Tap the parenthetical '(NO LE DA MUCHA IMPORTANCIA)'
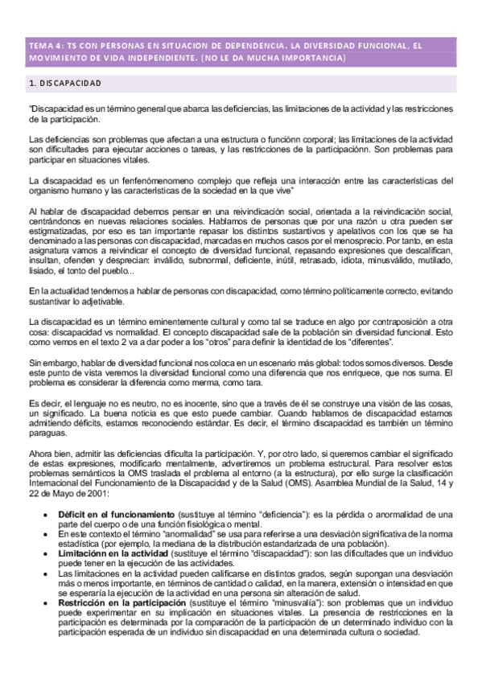tap(274, 58)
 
